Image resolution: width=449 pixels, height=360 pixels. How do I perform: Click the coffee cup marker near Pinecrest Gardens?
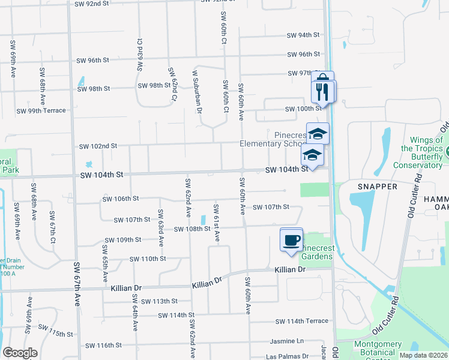tap(292, 241)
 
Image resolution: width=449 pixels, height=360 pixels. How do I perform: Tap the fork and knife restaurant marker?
tap(323, 91)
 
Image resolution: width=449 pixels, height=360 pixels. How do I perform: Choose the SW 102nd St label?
tap(98, 146)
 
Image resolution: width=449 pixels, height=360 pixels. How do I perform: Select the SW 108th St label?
tap(192, 229)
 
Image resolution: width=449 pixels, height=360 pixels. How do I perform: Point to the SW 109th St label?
tap(122, 239)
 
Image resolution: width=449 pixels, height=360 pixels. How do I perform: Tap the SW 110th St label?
tap(147, 259)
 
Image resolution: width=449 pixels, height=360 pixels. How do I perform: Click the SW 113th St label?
tap(157, 301)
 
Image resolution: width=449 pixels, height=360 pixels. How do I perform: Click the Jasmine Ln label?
tap(286, 340)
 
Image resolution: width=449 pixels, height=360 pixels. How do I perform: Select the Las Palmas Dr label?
tap(287, 356)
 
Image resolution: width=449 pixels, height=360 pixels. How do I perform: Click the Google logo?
tap(20, 353)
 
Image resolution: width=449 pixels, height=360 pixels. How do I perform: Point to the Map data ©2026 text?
tap(423, 355)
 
